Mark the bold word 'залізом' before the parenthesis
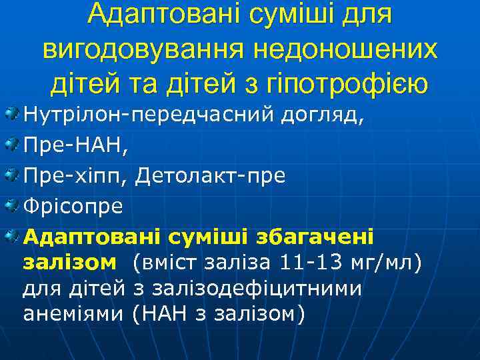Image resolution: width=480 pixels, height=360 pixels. click(69, 263)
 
